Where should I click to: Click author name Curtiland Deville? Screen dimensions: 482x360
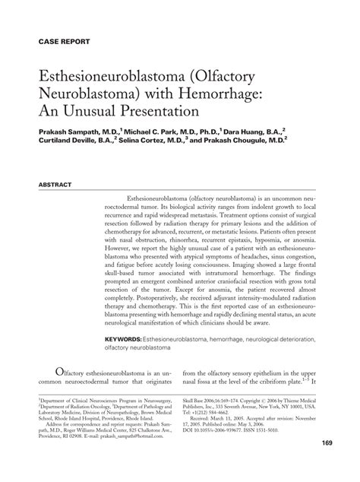click(x=71, y=140)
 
